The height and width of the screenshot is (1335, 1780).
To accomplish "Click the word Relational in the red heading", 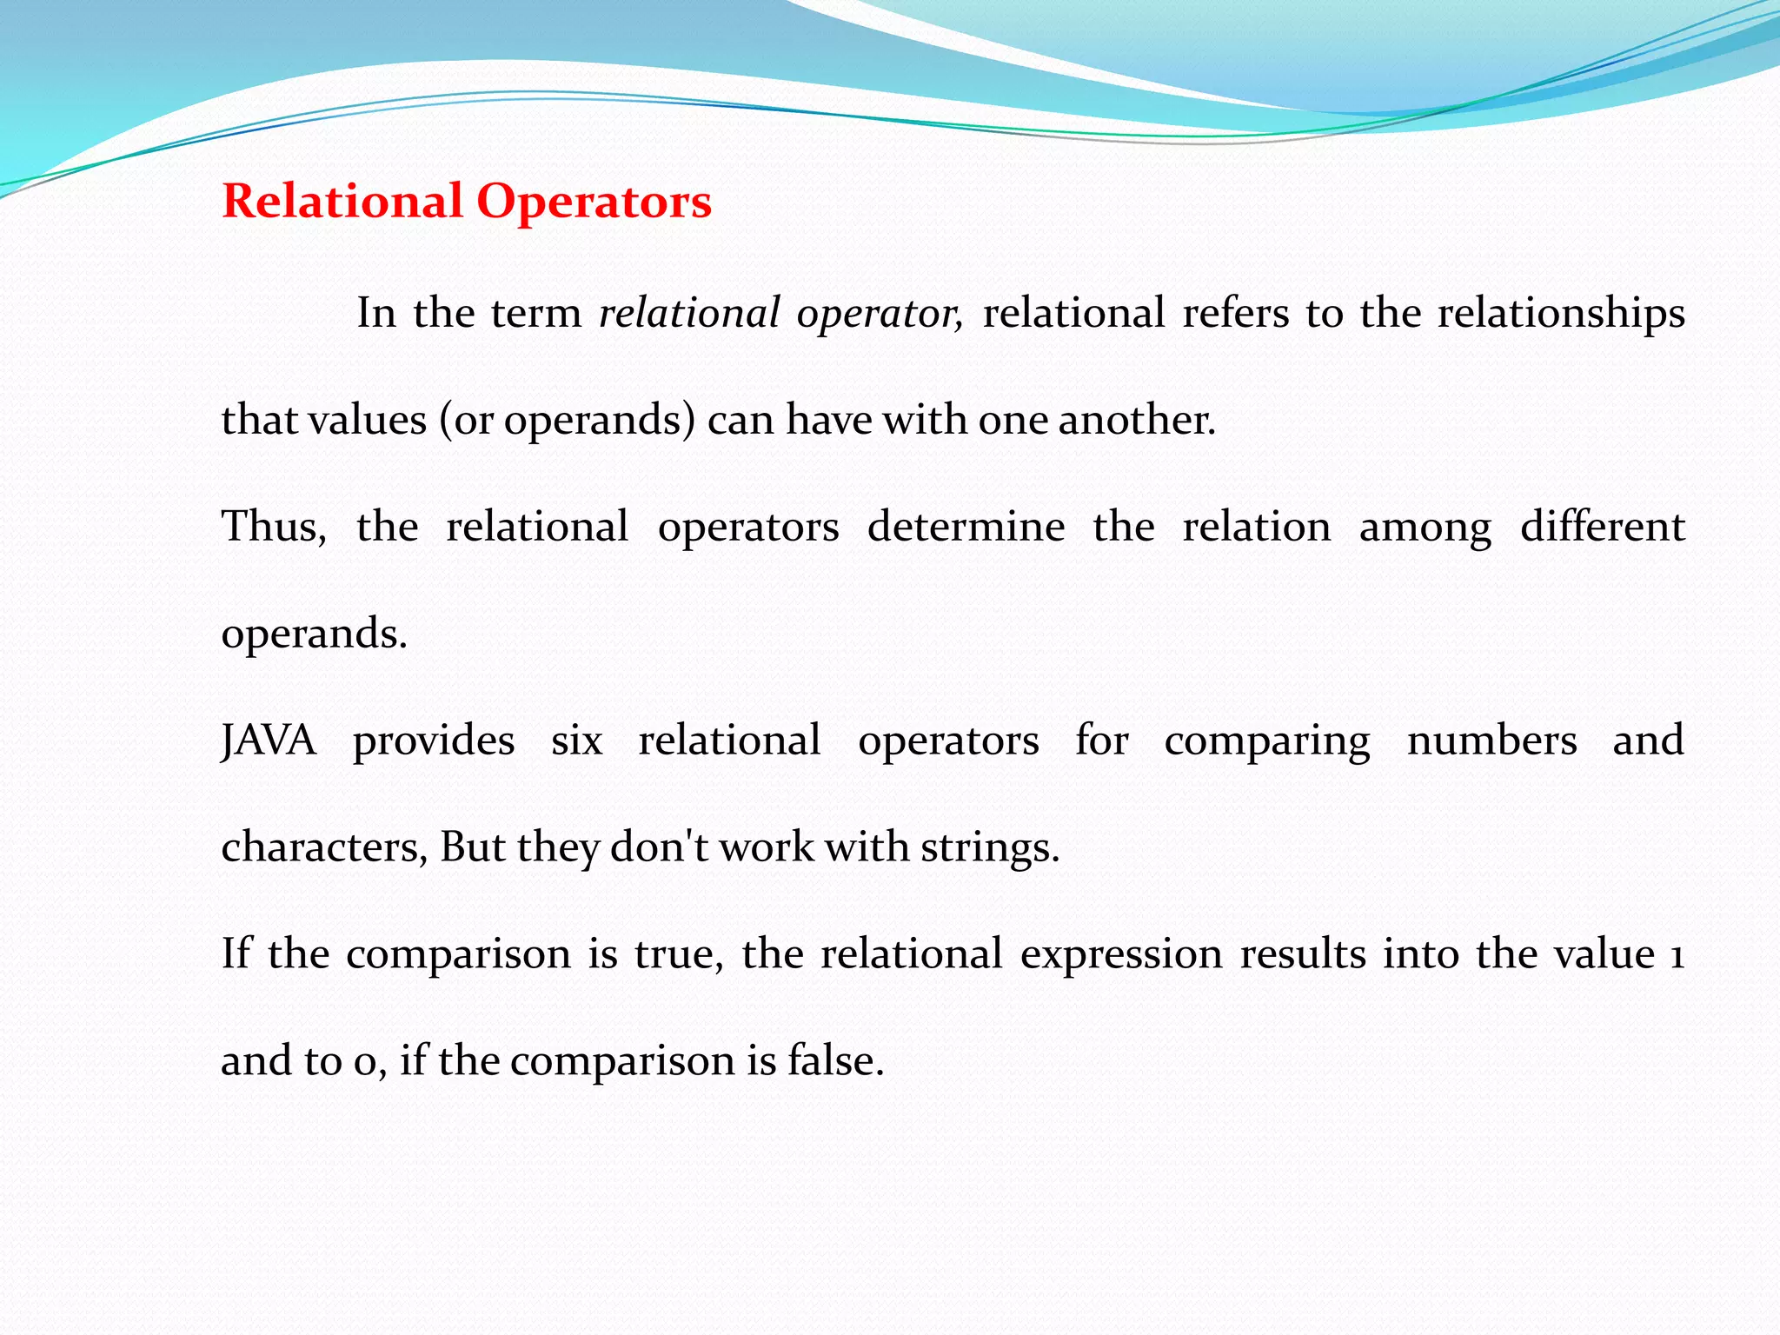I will pyautogui.click(x=342, y=202).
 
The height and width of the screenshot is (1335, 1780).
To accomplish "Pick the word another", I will pyautogui.click(x=1136, y=420).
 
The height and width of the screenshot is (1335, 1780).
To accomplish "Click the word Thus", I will pyautogui.click(x=273, y=527).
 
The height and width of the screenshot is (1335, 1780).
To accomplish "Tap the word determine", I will pyautogui.click(x=966, y=527).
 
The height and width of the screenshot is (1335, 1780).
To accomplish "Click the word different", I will pyautogui.click(x=1602, y=527).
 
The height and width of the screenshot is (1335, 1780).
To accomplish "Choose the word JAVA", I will pyautogui.click(x=269, y=741).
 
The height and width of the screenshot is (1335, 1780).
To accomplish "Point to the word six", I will pyautogui.click(x=576, y=741).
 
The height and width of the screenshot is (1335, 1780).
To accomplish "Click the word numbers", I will pyautogui.click(x=1491, y=741).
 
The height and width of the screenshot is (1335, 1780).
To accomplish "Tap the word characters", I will pyautogui.click(x=323, y=847).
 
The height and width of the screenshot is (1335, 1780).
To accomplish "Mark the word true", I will pyautogui.click(x=678, y=954).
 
